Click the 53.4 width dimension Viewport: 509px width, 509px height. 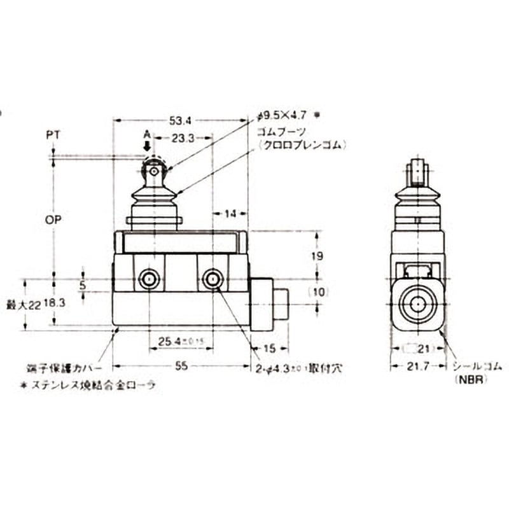click(x=180, y=119)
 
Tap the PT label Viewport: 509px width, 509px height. click(x=53, y=136)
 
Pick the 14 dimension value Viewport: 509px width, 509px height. click(x=230, y=213)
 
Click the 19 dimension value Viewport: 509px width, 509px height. click(x=318, y=256)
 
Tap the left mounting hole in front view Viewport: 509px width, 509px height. click(x=150, y=279)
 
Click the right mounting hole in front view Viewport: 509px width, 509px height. click(x=212, y=279)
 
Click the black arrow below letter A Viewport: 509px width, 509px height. click(x=147, y=146)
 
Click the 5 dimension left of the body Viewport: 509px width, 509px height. click(x=82, y=285)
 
